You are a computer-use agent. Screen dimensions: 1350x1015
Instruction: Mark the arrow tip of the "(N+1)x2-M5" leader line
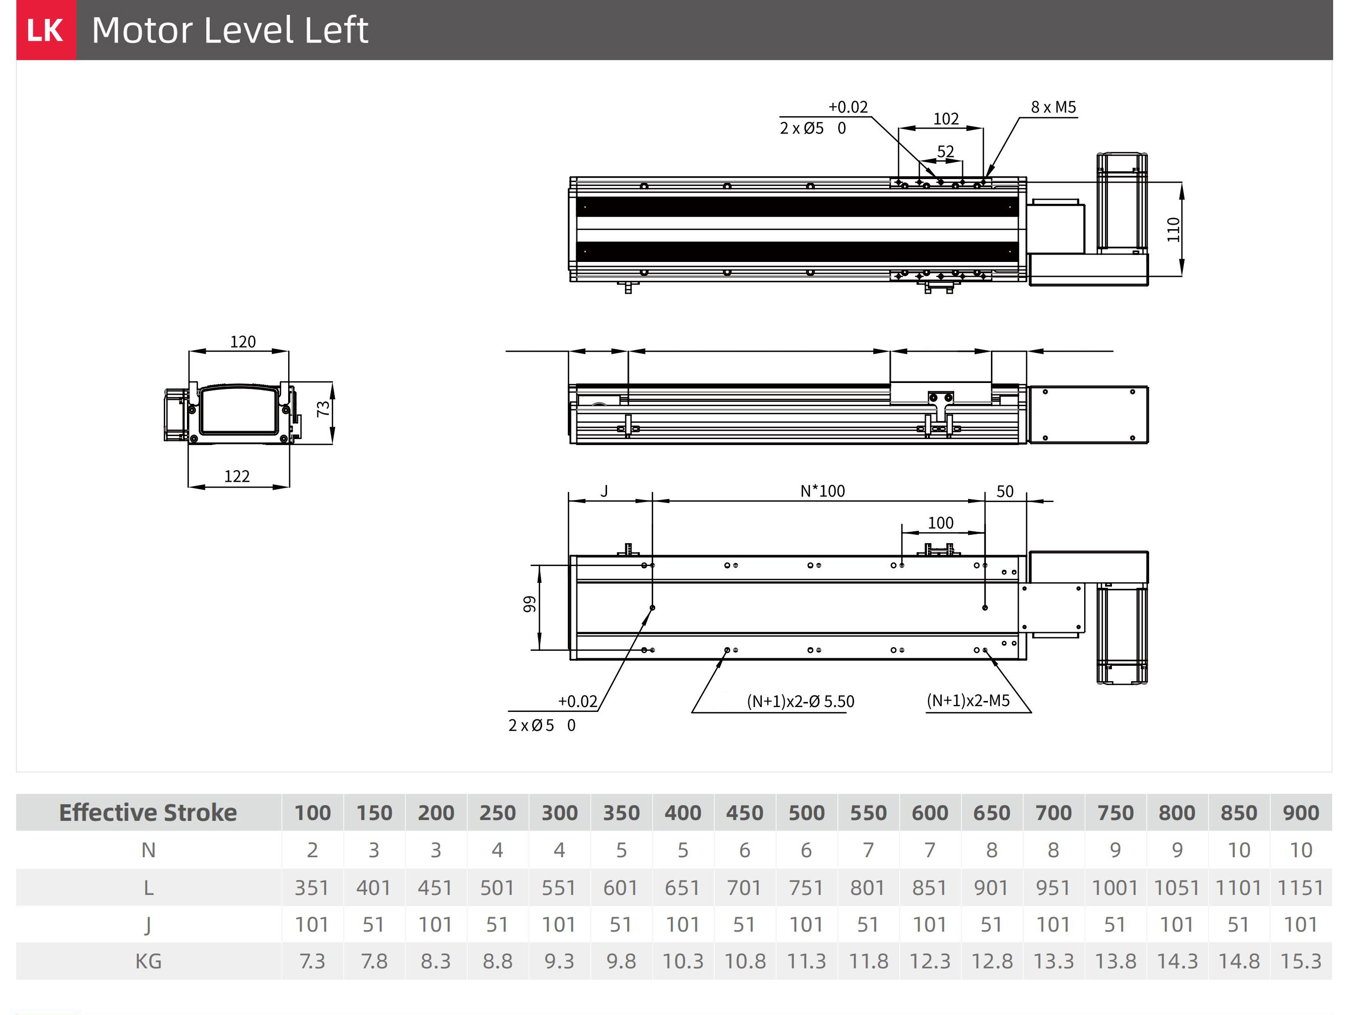[x=985, y=651]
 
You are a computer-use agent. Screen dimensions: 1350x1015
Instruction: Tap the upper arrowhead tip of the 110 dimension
[x=1181, y=183]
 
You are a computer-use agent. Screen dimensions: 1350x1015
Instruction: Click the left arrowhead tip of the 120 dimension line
[x=189, y=351]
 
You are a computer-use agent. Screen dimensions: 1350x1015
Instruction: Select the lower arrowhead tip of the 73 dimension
[x=332, y=444]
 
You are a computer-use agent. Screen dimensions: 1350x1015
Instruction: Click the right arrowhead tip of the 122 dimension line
[x=289, y=487]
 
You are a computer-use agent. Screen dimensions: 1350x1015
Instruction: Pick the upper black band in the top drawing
[x=797, y=207]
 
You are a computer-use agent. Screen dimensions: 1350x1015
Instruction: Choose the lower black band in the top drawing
[x=797, y=252]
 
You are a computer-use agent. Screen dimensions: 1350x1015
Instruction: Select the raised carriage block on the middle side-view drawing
[x=940, y=394]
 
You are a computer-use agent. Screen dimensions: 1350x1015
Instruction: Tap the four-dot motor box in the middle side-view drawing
[x=1088, y=414]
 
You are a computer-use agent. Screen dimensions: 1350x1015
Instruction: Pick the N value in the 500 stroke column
[x=806, y=850]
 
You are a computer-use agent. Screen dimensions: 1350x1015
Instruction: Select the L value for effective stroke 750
[x=1115, y=887]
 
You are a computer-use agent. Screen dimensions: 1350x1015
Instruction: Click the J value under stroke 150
[x=373, y=924]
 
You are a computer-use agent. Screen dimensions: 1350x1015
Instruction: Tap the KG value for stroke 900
[x=1300, y=961]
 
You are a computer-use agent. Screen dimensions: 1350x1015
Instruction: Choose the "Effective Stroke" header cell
[x=148, y=813]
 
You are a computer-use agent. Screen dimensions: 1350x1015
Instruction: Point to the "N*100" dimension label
[x=823, y=491]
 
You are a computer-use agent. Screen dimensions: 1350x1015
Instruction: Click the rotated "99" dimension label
[x=529, y=604]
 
